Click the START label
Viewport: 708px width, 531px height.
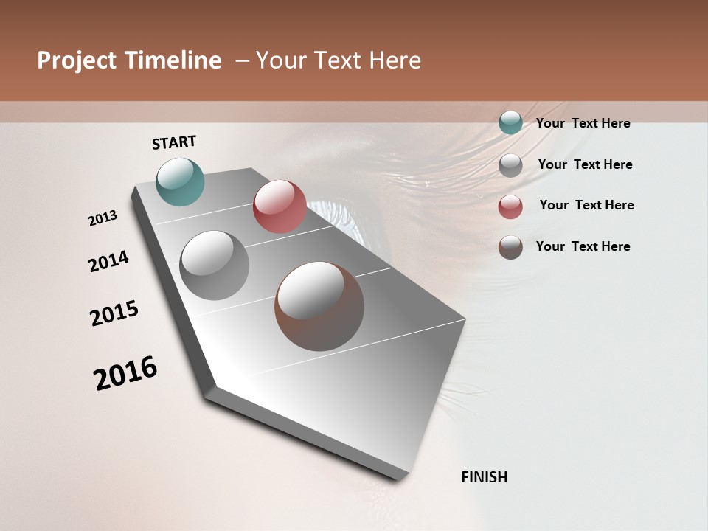[x=174, y=142]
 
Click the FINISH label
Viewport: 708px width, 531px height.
[x=485, y=477]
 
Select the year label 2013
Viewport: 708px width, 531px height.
[x=103, y=218]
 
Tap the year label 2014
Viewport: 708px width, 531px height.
[x=109, y=262]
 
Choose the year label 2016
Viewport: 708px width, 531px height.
[x=125, y=372]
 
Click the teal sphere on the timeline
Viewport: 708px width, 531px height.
[x=180, y=181]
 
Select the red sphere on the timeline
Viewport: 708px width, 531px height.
[x=280, y=206]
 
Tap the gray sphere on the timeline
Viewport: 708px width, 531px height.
[x=214, y=265]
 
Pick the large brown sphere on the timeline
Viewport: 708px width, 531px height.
[x=319, y=306]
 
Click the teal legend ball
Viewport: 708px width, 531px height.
[x=510, y=122]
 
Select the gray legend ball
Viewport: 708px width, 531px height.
[x=510, y=164]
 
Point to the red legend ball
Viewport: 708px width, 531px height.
[x=510, y=206]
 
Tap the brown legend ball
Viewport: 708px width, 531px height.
[x=510, y=247]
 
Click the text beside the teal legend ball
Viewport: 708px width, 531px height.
[x=583, y=123]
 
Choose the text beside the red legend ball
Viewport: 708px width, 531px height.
[x=586, y=205]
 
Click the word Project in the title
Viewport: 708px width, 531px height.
[x=77, y=60]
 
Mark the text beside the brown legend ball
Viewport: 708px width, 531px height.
[x=583, y=246]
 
